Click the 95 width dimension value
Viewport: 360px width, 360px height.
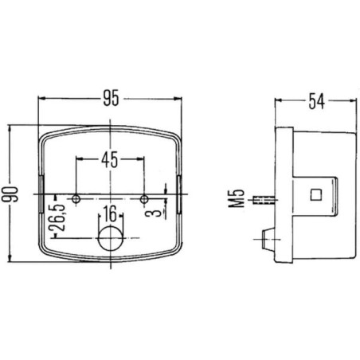111,98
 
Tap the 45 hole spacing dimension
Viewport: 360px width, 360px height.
110,159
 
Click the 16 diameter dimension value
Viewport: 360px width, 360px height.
111,214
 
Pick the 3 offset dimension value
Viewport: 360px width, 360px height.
156,213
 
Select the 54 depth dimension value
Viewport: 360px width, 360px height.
316,101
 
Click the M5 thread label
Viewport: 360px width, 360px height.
236,198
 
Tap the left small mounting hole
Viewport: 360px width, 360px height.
76,198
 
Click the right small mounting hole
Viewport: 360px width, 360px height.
144,199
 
